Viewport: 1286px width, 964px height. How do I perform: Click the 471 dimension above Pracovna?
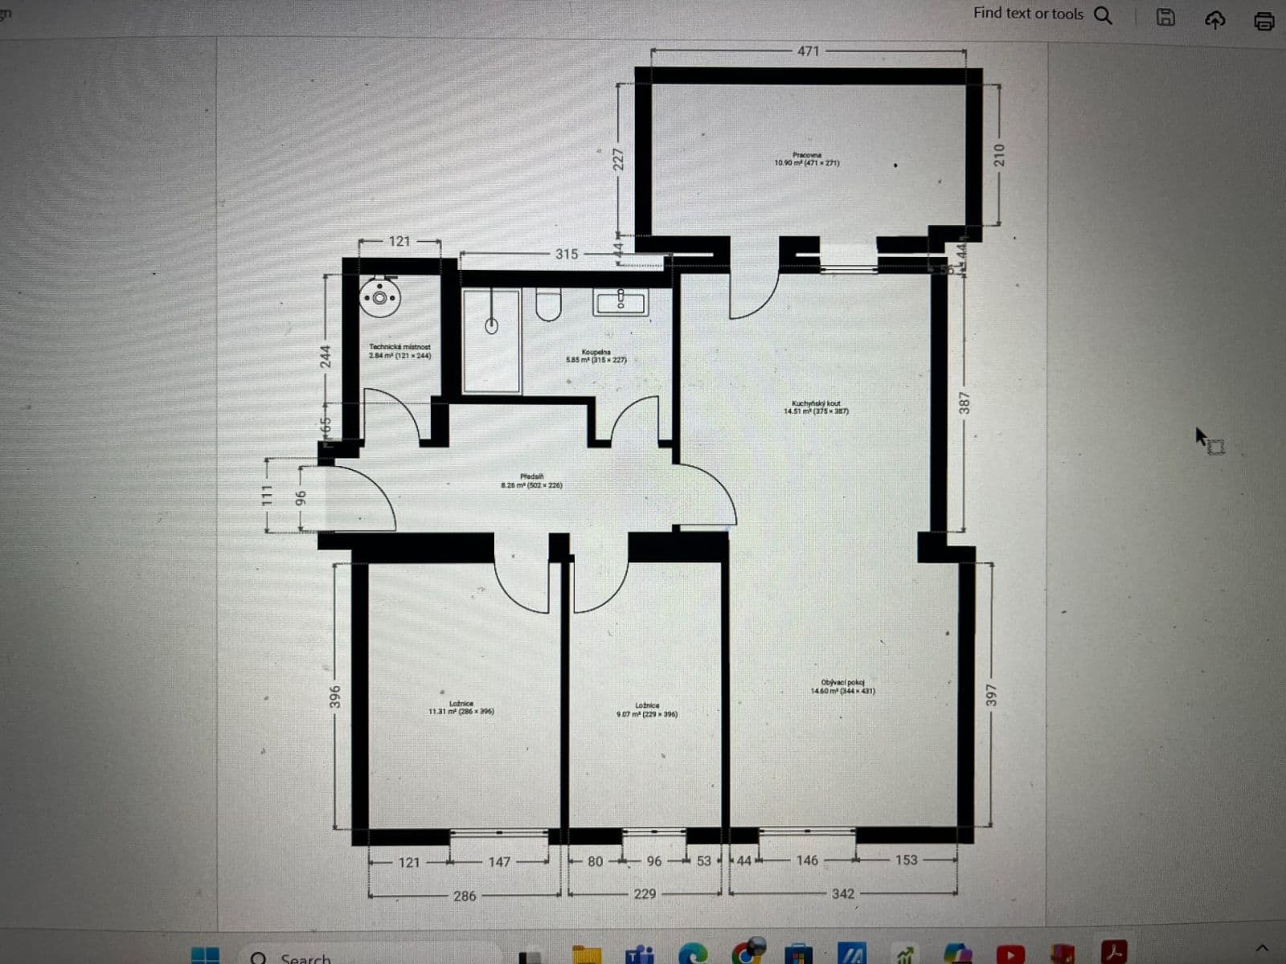click(x=808, y=51)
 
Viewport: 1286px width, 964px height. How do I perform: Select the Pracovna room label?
click(x=807, y=159)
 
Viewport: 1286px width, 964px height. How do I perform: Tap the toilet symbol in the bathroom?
click(x=548, y=305)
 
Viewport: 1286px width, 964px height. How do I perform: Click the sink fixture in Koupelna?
click(x=620, y=302)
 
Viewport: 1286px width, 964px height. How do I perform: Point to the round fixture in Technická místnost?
click(x=379, y=298)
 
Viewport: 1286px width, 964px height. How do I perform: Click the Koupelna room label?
click(x=596, y=356)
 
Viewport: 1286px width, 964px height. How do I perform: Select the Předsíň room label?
click(x=531, y=481)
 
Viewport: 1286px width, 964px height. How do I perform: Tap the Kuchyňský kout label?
click(x=816, y=407)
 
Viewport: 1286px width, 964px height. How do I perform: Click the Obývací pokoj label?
click(x=842, y=687)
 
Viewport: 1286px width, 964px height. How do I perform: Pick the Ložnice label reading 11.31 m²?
click(x=461, y=708)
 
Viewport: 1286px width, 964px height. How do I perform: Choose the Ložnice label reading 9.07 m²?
click(x=646, y=709)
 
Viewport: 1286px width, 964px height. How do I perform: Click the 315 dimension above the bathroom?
click(x=567, y=254)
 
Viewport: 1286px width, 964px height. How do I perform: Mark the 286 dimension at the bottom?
click(x=465, y=896)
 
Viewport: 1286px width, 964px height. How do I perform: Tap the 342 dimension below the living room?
click(x=843, y=894)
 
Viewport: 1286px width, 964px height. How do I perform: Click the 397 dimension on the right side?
click(x=991, y=696)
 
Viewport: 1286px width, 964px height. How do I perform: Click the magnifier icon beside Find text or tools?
click(x=1104, y=15)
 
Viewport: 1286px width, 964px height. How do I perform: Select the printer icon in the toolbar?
click(x=1264, y=20)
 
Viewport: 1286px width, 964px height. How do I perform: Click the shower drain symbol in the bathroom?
click(x=491, y=325)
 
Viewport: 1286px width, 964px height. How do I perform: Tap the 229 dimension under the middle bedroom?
click(x=645, y=894)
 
